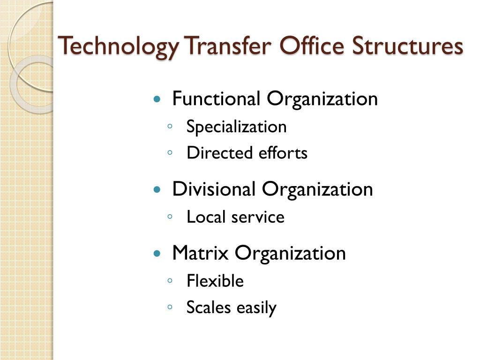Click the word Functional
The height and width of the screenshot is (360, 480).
click(x=217, y=99)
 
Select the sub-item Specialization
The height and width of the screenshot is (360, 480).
click(x=236, y=127)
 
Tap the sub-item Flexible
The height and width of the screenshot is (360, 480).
click(x=215, y=281)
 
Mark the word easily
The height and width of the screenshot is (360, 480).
click(x=256, y=308)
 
